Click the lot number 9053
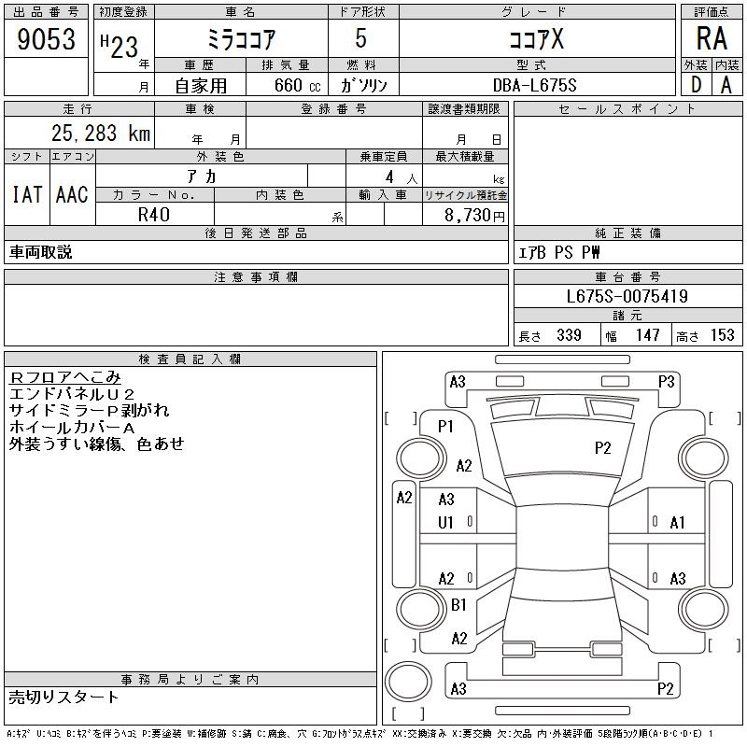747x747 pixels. (46, 39)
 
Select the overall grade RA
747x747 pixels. (712, 38)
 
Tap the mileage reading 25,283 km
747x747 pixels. (101, 133)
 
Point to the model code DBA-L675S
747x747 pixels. (534, 85)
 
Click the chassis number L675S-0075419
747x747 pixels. (627, 296)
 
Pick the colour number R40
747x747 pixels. (154, 215)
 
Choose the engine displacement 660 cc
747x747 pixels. (297, 85)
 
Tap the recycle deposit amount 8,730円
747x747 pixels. (474, 216)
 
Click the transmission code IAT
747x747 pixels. (27, 194)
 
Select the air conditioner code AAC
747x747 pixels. (72, 194)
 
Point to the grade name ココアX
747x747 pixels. (536, 39)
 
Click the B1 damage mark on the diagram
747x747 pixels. (458, 605)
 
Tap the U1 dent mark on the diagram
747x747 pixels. (445, 523)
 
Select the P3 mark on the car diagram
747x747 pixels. (666, 382)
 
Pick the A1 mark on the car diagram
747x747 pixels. (677, 523)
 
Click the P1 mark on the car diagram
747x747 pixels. (445, 427)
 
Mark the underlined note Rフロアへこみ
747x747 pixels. (65, 377)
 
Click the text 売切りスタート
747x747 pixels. (63, 698)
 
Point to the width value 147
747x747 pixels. (647, 335)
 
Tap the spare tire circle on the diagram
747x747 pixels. (408, 681)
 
